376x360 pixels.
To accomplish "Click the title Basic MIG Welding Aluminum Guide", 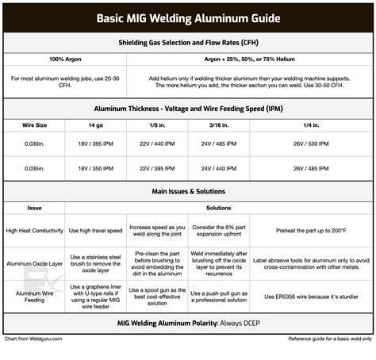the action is pyautogui.click(x=188, y=18).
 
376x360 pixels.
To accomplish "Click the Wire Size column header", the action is pyautogui.click(x=33, y=125).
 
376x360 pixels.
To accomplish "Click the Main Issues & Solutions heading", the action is pyautogui.click(x=188, y=192).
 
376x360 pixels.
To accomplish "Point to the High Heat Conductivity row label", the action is pyautogui.click(x=34, y=231).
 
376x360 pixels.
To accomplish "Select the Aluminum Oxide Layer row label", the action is pyautogui.click(x=34, y=262).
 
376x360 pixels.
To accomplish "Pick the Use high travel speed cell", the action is pyautogui.click(x=94, y=231).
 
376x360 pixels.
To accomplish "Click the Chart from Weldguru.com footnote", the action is pyautogui.click(x=33, y=339).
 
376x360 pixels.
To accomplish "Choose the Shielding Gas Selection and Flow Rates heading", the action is pyautogui.click(x=188, y=42).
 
